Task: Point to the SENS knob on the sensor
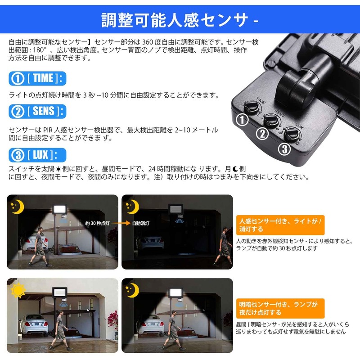click(x=272, y=120)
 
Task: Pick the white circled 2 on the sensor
click(x=262, y=134)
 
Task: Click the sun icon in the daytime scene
click(x=19, y=291)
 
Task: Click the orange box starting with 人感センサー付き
click(x=280, y=225)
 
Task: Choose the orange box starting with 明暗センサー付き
click(x=280, y=307)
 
